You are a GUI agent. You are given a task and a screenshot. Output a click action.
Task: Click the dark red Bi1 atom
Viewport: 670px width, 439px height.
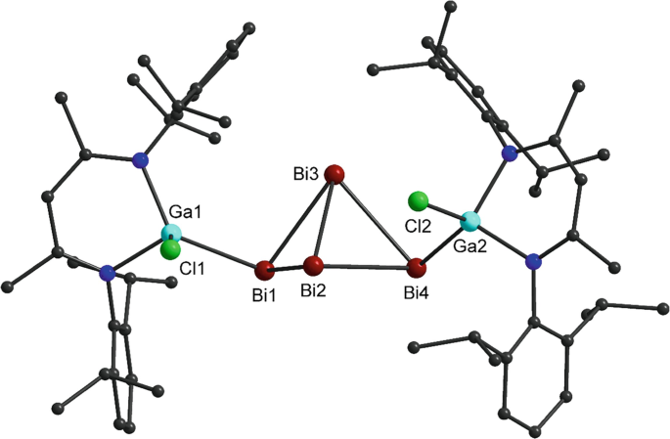(x=263, y=269)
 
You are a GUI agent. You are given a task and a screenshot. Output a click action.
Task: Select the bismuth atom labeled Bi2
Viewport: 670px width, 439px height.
(x=313, y=265)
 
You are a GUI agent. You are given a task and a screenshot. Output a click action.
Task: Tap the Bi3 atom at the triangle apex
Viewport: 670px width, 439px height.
(x=335, y=175)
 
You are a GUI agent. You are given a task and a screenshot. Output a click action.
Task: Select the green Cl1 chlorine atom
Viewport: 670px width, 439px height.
(x=171, y=250)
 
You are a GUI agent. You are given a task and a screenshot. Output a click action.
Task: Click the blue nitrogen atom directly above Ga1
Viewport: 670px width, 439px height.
(x=143, y=161)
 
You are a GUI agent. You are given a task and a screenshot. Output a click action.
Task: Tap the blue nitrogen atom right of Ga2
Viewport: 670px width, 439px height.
(x=533, y=261)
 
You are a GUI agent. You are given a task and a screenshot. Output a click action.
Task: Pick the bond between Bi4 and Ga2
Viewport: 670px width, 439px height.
(x=444, y=243)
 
